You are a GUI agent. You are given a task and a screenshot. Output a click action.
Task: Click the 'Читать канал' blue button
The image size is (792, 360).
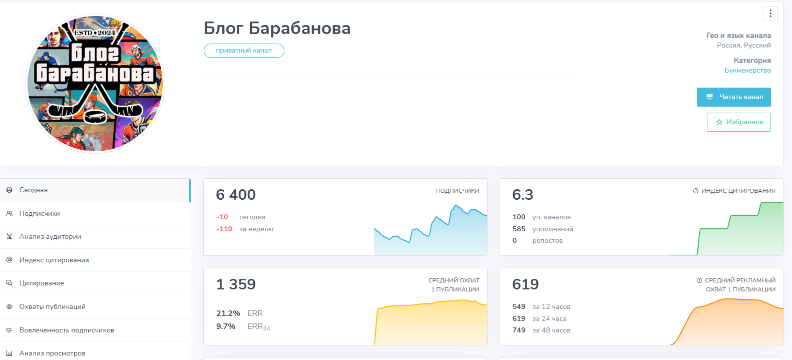click(733, 97)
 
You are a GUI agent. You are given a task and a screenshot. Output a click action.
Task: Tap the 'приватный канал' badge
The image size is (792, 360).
click(244, 51)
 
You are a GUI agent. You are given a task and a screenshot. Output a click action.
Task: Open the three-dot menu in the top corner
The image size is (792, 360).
click(770, 14)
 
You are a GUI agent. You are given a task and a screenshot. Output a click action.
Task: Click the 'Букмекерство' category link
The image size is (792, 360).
click(747, 71)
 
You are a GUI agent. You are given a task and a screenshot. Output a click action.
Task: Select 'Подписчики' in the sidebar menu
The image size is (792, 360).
click(40, 213)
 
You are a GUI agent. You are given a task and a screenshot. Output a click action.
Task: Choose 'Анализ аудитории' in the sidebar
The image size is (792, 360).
click(50, 237)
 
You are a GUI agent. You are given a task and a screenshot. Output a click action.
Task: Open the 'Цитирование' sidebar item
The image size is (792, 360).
click(42, 283)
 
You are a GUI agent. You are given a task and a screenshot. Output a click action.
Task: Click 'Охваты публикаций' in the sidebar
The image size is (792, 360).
click(52, 306)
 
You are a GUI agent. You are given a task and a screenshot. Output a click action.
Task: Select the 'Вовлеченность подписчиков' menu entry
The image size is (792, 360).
click(67, 330)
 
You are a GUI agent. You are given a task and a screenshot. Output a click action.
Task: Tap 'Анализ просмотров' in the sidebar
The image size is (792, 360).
click(52, 353)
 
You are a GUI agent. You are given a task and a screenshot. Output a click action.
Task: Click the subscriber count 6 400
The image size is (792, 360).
click(236, 195)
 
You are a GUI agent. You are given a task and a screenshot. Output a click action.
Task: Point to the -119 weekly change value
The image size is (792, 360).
click(224, 229)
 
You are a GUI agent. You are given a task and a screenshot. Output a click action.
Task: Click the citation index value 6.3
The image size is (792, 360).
click(523, 195)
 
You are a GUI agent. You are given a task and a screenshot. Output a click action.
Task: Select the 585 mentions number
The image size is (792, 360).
click(519, 229)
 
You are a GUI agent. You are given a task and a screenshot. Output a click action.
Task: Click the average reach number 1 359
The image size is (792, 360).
click(236, 284)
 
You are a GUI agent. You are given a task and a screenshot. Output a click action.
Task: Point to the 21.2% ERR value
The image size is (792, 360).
click(228, 313)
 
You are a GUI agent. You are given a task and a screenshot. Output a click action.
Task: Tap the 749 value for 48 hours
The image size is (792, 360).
click(519, 330)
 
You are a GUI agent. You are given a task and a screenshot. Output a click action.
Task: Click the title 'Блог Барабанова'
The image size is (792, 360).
click(277, 28)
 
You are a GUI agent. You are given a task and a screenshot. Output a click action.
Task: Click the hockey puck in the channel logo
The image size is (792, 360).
click(95, 116)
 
